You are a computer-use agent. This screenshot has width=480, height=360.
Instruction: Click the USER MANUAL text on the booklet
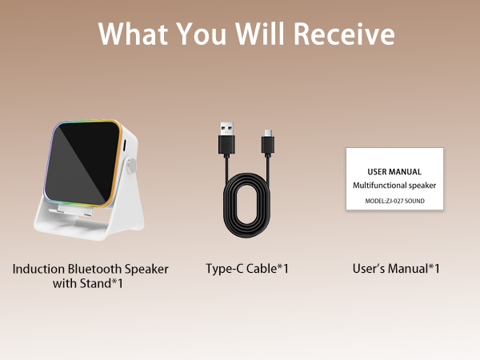coord(394,171)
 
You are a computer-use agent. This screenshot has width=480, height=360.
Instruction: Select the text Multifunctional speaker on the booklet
coord(394,186)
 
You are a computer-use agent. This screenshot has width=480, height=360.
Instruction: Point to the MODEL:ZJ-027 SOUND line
coord(394,200)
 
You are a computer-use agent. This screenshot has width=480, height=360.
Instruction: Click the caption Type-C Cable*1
coord(246,269)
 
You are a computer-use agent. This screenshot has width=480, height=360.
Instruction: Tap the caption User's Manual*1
coord(396,269)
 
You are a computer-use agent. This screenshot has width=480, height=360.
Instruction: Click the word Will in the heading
coord(262,34)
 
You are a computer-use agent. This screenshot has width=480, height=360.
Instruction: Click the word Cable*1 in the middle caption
coord(266,269)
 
